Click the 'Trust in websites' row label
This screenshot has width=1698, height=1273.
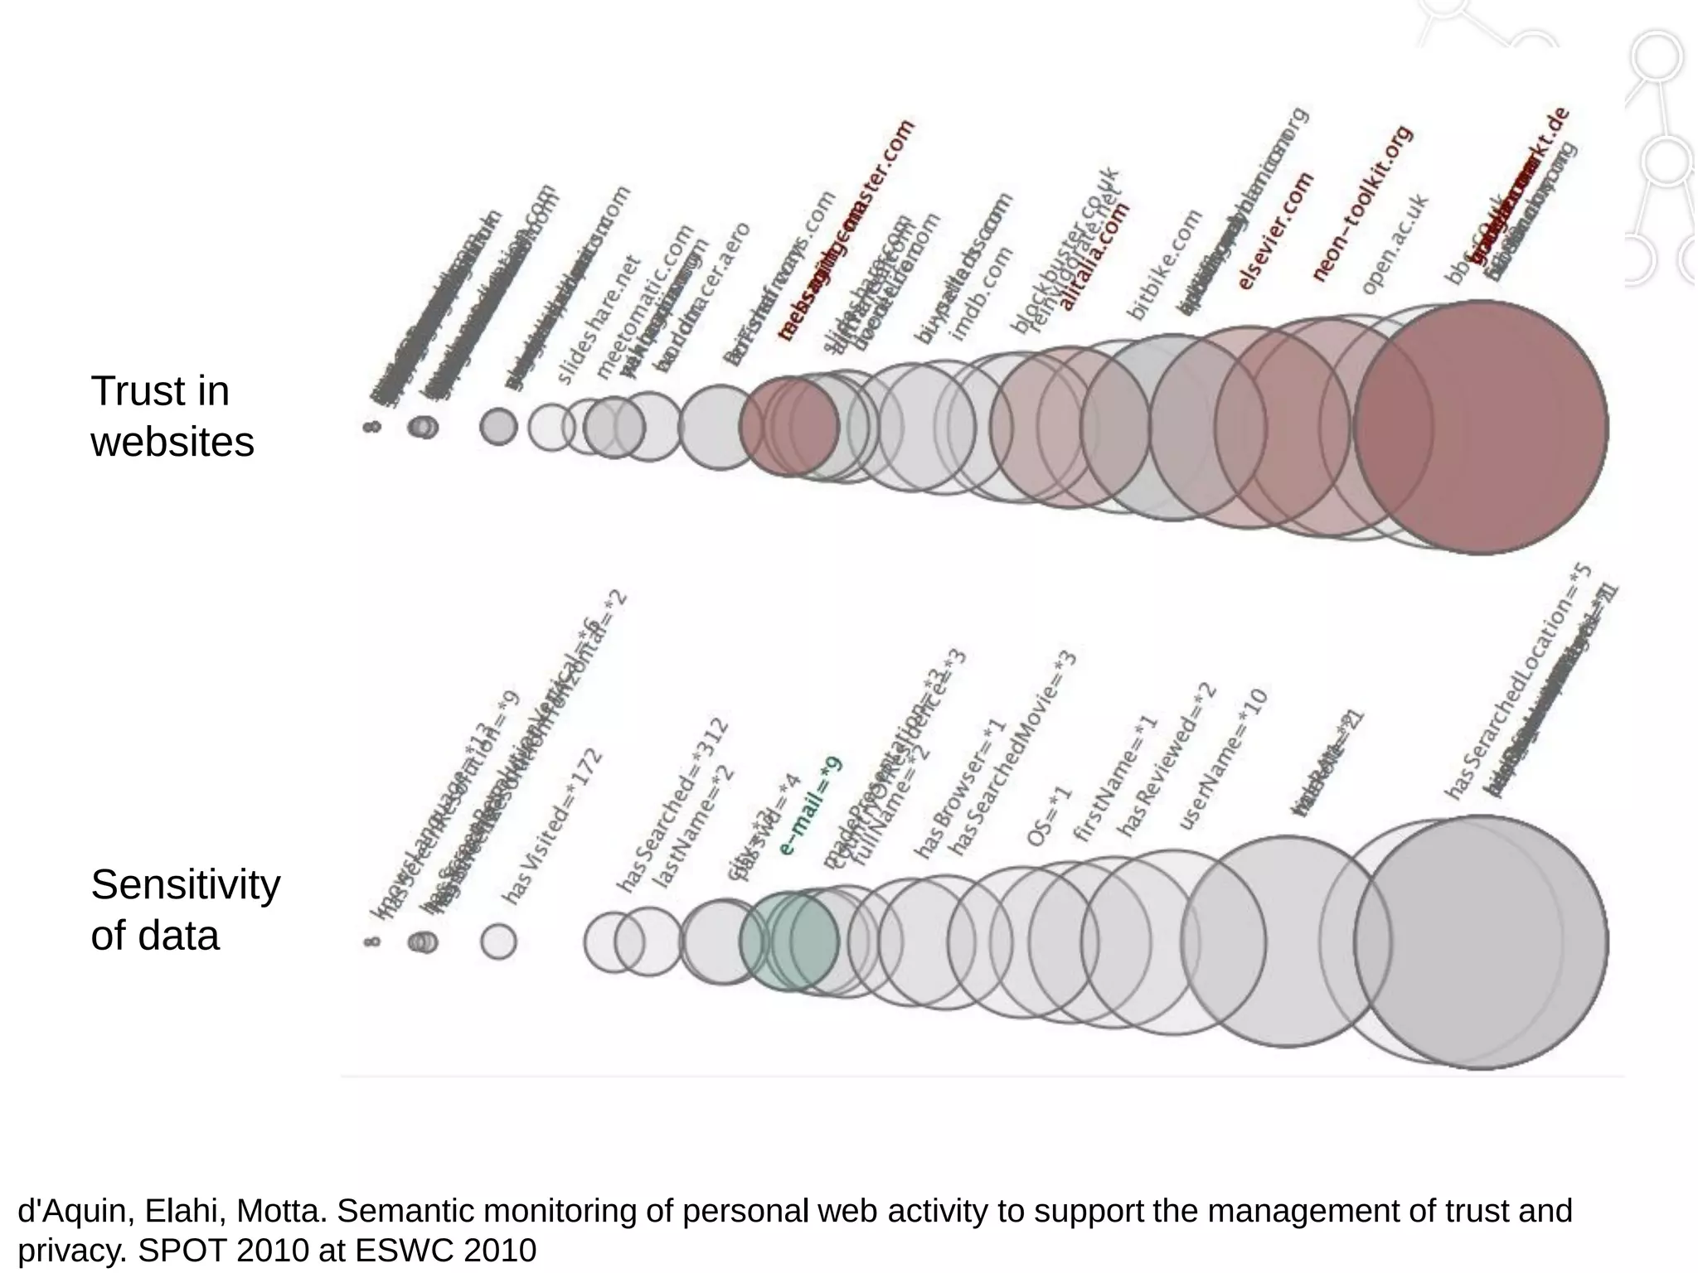172,416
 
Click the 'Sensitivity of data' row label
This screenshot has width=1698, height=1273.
185,910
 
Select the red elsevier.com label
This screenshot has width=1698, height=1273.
1274,230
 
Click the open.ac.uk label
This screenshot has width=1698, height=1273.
1395,244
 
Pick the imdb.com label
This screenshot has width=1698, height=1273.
982,294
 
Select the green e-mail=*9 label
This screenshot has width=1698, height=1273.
810,806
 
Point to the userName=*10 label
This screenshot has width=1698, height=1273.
1223,758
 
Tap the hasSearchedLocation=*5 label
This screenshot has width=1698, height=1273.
1517,681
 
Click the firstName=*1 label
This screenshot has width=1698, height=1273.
1114,778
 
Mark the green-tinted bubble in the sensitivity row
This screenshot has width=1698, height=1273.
788,941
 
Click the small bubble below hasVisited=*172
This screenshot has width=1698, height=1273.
498,941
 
